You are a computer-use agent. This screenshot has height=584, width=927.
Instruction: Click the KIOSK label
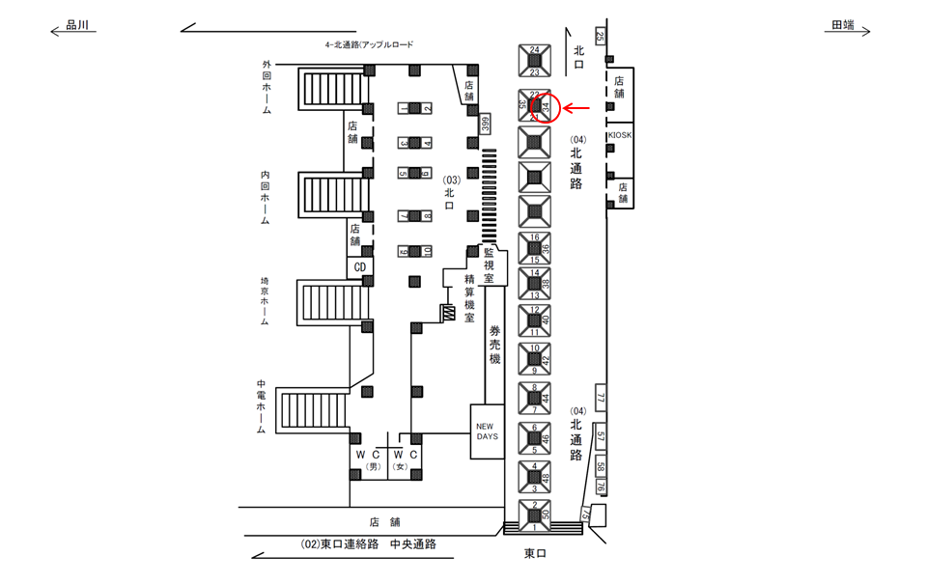(620, 135)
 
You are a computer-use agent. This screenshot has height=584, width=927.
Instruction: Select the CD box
(359, 266)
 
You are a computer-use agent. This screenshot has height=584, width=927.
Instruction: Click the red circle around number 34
(546, 106)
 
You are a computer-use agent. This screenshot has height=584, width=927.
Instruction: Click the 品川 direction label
(76, 27)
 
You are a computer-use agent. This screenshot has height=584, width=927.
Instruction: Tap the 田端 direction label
(843, 27)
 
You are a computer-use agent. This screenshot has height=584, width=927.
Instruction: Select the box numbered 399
(486, 124)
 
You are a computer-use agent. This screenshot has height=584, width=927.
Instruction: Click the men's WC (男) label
(371, 459)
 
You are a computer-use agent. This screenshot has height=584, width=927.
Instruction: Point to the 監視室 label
(490, 264)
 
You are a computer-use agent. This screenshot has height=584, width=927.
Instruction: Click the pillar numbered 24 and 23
(534, 60)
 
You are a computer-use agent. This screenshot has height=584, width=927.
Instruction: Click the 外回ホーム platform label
(267, 87)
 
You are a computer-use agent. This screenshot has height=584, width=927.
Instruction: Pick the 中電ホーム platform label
(261, 407)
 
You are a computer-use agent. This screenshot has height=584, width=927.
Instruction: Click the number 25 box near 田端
(600, 37)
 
